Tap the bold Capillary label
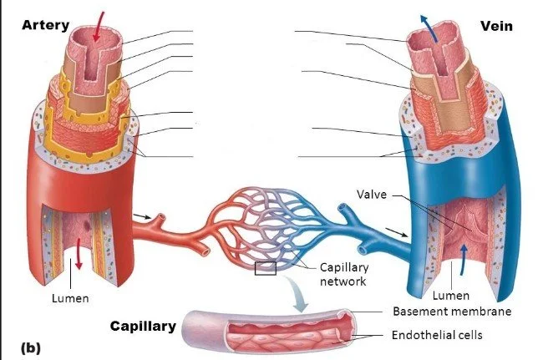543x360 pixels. click(143, 326)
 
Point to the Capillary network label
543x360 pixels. click(343, 274)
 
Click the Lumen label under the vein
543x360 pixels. click(451, 295)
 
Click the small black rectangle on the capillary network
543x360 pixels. click(266, 268)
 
